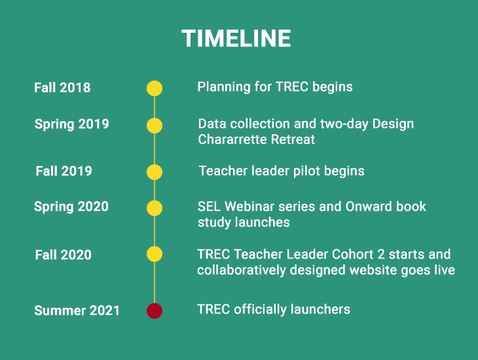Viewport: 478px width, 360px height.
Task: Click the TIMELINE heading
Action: [236, 39]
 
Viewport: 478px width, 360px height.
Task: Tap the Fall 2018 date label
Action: [62, 88]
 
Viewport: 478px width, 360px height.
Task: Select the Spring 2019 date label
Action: [71, 124]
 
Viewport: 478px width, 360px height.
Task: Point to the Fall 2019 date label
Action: [64, 171]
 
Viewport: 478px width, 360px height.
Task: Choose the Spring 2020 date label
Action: [71, 207]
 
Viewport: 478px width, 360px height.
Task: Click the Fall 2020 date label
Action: [63, 255]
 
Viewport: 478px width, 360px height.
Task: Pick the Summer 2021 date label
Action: [77, 311]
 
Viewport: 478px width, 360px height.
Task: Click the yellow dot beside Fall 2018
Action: [155, 88]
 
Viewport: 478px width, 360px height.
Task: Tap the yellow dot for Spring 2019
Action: [155, 126]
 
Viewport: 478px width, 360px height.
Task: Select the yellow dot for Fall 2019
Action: [155, 172]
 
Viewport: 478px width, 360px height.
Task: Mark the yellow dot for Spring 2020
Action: [155, 208]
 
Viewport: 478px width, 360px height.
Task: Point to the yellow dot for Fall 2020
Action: [155, 254]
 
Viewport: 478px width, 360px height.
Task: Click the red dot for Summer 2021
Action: [155, 311]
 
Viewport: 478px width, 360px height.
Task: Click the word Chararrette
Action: [232, 139]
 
